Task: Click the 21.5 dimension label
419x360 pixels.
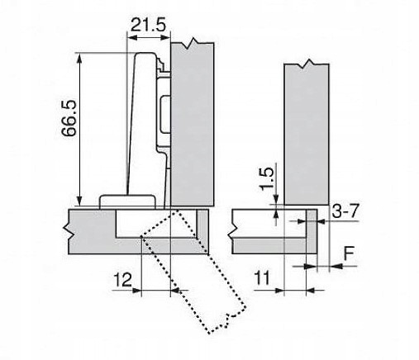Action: pyautogui.click(x=149, y=25)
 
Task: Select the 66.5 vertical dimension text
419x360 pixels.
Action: pyautogui.click(x=69, y=118)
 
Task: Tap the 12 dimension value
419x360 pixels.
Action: pyautogui.click(x=123, y=280)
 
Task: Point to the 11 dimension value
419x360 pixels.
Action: pyautogui.click(x=262, y=278)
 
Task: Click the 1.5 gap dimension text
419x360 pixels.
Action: pyautogui.click(x=266, y=179)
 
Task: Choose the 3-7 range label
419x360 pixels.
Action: pyautogui.click(x=345, y=211)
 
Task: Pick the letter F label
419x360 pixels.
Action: pyautogui.click(x=349, y=253)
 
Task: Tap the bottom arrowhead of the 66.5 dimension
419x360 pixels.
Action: pyautogui.click(x=79, y=201)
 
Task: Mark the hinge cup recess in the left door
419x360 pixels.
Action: pyautogui.click(x=155, y=223)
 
